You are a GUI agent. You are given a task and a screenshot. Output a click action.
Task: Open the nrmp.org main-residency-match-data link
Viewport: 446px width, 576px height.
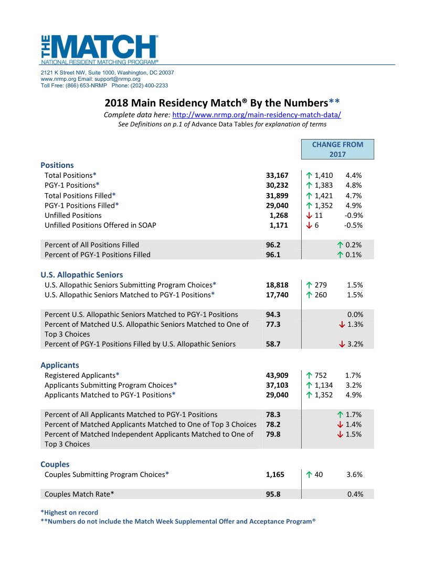click(257, 115)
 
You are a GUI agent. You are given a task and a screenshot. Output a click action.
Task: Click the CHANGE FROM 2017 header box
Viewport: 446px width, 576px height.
click(337, 149)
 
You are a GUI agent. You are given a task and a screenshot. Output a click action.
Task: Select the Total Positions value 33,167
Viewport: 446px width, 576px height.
click(278, 175)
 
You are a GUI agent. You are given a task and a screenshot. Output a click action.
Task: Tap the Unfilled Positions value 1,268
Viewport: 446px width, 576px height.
click(279, 215)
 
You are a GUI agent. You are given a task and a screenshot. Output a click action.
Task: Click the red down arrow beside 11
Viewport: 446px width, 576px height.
click(309, 215)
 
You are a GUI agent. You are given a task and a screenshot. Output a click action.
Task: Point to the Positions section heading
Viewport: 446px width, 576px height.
click(57, 165)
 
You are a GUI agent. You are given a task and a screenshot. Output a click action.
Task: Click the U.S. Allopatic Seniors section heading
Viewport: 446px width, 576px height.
click(82, 274)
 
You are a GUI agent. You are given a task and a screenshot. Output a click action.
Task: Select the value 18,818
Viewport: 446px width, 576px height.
click(278, 285)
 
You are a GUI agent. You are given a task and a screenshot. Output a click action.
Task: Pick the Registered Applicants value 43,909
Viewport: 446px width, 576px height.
click(278, 375)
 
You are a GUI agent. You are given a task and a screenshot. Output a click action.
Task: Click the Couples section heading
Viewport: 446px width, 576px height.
click(55, 464)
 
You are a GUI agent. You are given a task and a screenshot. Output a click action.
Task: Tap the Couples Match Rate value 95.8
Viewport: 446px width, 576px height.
click(273, 494)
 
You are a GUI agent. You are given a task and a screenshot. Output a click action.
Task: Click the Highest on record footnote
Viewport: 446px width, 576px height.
click(69, 513)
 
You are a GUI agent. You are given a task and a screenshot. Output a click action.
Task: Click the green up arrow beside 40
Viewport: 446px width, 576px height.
click(309, 475)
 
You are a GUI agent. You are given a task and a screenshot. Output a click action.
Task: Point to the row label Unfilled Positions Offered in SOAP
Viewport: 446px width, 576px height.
click(100, 225)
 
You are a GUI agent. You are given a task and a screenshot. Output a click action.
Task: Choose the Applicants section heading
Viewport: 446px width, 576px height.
click(60, 365)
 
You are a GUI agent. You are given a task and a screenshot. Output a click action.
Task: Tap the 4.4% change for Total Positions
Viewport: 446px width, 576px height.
click(354, 175)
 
